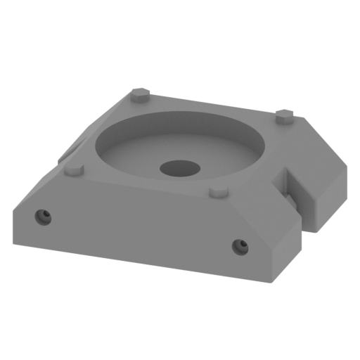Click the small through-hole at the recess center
pos(179,168)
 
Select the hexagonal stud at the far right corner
pos(284,120)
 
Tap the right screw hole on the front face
pos(240,245)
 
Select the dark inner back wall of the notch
pos(288,184)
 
